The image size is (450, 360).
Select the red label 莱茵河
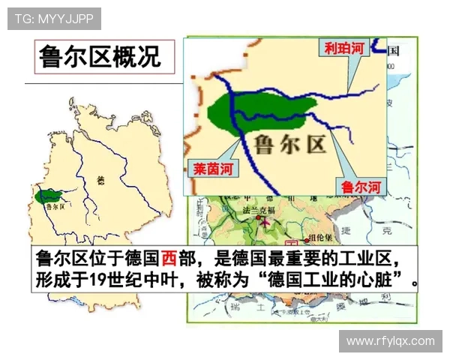pyautogui.click(x=211, y=169)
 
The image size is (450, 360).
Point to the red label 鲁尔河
pyautogui.click(x=361, y=184)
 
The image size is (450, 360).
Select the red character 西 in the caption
pyautogui.click(x=168, y=259)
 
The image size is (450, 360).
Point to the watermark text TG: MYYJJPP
pyautogui.click(x=54, y=18)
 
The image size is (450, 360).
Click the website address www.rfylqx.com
pyautogui.click(x=390, y=341)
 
